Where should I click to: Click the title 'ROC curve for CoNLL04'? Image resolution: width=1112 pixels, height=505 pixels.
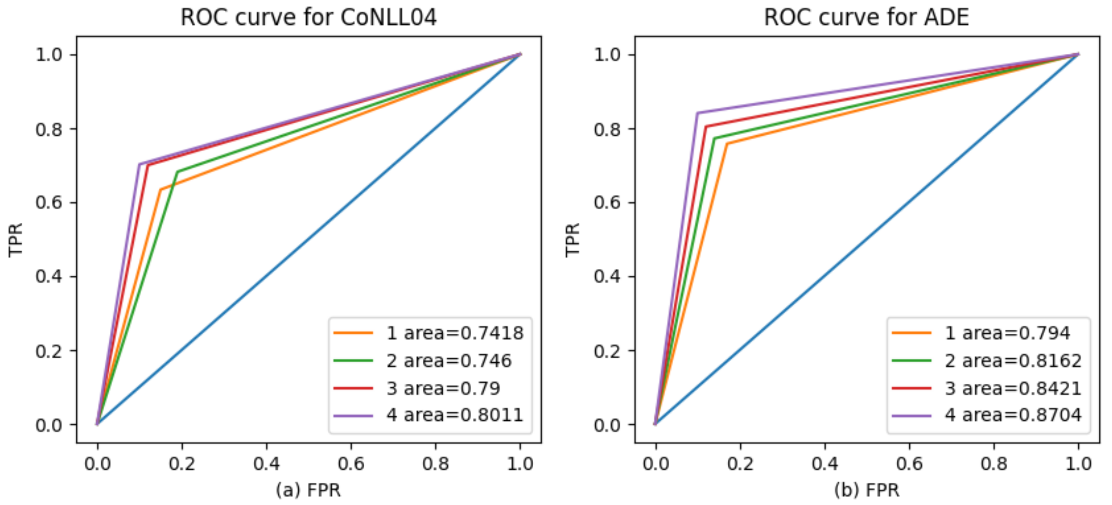[308, 17]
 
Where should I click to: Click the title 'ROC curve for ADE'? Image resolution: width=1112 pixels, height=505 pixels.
[867, 17]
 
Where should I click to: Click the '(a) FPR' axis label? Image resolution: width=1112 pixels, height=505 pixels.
[308, 490]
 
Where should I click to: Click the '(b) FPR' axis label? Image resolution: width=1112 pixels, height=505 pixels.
[867, 490]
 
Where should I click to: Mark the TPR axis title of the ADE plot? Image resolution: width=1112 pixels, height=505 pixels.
[573, 240]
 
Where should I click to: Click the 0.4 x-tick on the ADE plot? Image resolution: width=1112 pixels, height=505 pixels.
[825, 463]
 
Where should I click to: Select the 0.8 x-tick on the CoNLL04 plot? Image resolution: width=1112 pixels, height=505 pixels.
[435, 463]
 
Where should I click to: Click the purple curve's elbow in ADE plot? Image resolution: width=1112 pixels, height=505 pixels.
[697, 113]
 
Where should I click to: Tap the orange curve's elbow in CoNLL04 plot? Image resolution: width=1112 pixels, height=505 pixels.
[160, 189]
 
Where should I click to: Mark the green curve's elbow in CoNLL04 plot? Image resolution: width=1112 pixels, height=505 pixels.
[177, 172]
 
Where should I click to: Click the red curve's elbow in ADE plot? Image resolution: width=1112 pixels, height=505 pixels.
[705, 127]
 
